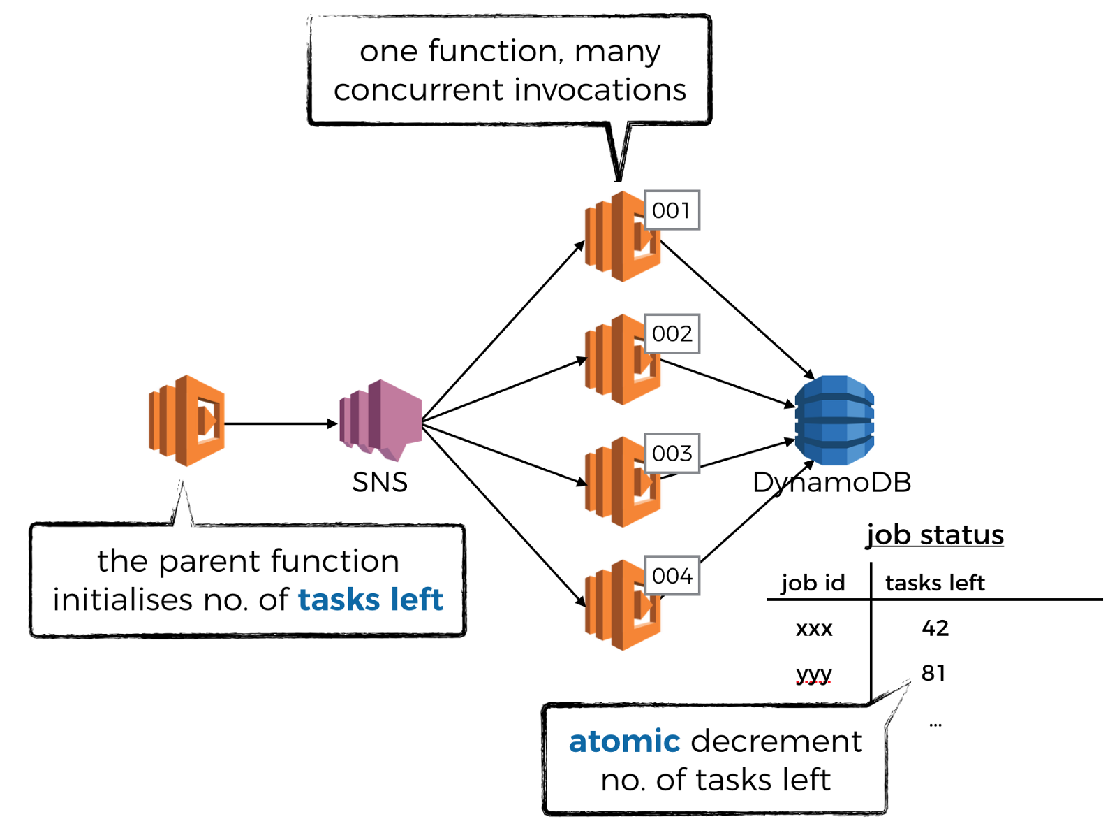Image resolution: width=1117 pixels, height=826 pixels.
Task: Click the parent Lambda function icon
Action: click(x=186, y=421)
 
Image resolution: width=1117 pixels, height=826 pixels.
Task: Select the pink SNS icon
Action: click(x=380, y=420)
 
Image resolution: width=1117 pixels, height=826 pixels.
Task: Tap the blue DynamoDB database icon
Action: click(x=834, y=420)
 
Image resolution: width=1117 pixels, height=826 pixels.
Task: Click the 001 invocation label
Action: click(x=672, y=210)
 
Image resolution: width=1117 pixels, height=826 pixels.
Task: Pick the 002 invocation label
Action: click(x=672, y=334)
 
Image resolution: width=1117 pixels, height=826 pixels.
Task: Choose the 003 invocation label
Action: click(x=672, y=454)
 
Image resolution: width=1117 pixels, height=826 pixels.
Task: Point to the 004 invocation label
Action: click(x=672, y=576)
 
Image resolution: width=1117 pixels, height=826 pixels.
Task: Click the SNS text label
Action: click(x=380, y=482)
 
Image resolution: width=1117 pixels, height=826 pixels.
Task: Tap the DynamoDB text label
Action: click(x=832, y=482)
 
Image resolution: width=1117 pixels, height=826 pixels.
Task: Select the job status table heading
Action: click(x=935, y=535)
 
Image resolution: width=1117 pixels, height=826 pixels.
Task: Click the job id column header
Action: click(x=813, y=583)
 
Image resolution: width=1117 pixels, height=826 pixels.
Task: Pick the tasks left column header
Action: click(x=935, y=583)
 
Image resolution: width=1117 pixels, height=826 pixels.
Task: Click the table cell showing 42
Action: click(x=935, y=628)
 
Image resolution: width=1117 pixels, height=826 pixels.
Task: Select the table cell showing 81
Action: click(x=933, y=672)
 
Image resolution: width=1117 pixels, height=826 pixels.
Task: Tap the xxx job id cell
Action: click(x=814, y=628)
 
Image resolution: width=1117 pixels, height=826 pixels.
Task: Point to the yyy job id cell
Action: click(x=814, y=674)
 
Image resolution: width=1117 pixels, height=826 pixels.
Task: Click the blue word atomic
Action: click(x=624, y=741)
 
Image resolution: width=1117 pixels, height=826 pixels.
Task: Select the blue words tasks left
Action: click(x=371, y=600)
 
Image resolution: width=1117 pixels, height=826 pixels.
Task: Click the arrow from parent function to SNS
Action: click(x=279, y=423)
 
